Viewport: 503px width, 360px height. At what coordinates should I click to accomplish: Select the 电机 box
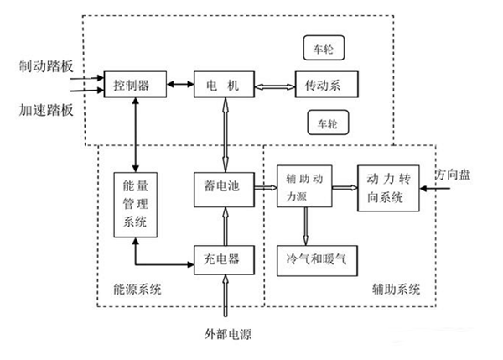[222, 85]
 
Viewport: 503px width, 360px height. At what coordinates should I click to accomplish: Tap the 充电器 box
[222, 258]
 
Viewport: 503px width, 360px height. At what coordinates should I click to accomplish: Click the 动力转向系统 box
[386, 189]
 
